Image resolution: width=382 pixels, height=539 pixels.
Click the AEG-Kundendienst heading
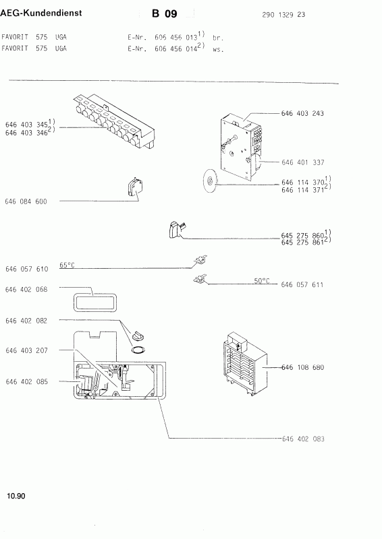[41, 13]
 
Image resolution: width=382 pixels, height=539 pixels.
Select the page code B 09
[164, 13]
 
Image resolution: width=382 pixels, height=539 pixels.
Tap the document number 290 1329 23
[283, 15]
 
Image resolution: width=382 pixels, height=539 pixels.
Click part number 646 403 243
[302, 113]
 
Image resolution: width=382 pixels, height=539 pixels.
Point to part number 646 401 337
[303, 162]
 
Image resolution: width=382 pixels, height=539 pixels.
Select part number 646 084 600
[26, 201]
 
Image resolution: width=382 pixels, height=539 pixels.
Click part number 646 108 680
[303, 367]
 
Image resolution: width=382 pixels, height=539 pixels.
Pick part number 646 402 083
[303, 439]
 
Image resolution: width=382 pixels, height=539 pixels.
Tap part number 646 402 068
[26, 290]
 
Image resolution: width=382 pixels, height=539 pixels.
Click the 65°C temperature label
[67, 265]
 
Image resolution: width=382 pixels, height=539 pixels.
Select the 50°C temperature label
[262, 281]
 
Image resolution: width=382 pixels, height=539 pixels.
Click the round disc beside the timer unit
[209, 181]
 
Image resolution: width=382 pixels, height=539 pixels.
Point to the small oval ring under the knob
[138, 350]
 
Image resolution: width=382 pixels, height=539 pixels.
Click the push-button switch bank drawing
[113, 122]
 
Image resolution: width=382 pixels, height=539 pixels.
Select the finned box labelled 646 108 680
[244, 364]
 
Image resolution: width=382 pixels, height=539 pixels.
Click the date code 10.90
[16, 496]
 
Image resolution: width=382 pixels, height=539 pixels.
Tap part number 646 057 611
[302, 284]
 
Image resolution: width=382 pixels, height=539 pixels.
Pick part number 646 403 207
[26, 350]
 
